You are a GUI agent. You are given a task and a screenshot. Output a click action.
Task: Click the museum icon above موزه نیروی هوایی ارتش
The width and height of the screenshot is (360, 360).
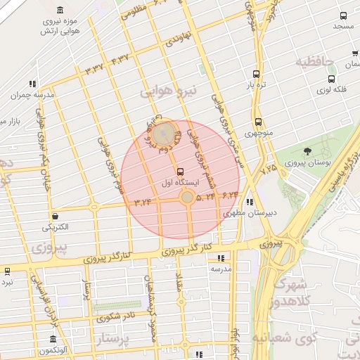(59, 10)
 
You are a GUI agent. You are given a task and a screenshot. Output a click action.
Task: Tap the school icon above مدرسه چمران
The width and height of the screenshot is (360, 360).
(32, 84)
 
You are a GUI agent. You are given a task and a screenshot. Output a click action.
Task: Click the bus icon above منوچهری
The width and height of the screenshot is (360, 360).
(259, 121)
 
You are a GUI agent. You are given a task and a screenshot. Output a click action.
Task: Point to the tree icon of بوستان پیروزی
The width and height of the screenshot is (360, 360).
(307, 151)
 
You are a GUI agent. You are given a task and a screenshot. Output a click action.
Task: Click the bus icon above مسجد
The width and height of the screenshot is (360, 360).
(343, 15)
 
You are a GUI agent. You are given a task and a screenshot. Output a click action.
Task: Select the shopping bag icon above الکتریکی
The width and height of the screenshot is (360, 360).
(56, 216)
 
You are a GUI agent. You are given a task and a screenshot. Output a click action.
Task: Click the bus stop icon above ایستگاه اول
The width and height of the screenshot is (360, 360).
(181, 172)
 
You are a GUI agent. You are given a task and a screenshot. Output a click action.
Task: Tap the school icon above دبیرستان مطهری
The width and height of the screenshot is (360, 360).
(249, 202)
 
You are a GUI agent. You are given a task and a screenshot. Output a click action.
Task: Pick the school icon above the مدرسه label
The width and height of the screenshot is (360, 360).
(221, 258)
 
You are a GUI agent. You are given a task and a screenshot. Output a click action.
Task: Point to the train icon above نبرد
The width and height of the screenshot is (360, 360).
(7, 271)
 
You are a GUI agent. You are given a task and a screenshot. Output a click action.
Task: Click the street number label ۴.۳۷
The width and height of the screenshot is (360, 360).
(120, 58)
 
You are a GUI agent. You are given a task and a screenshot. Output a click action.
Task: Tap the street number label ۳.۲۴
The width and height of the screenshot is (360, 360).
(143, 202)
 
